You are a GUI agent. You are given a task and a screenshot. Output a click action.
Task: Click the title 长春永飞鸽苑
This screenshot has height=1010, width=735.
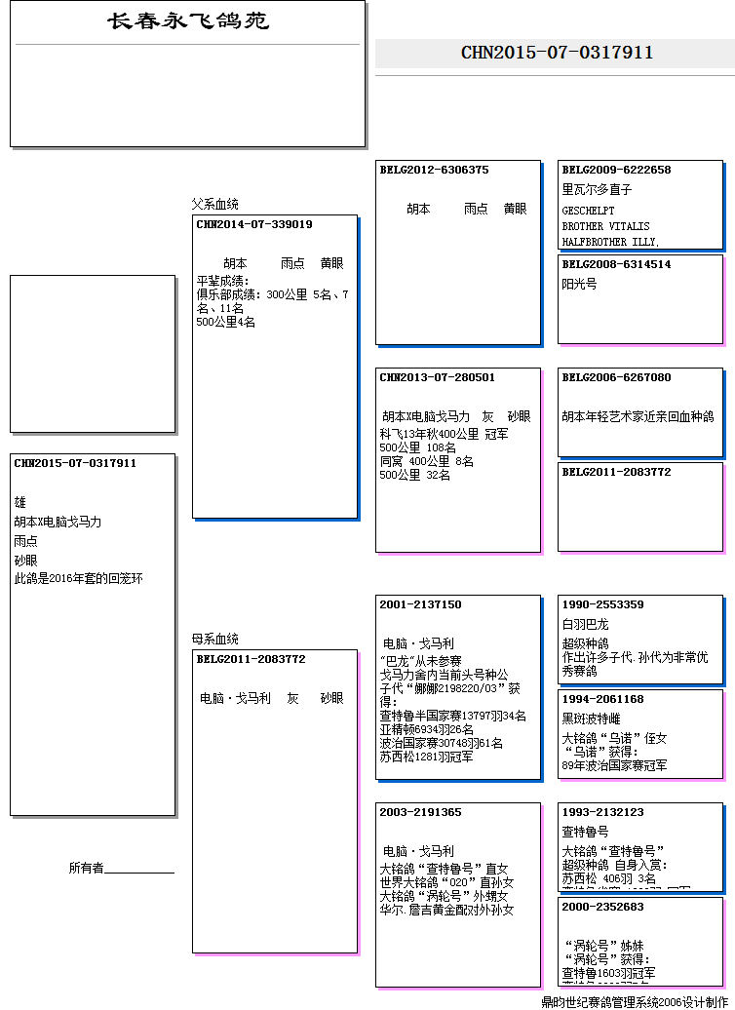(x=188, y=21)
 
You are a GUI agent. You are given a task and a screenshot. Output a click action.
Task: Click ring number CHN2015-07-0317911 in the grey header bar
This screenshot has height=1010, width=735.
(x=557, y=53)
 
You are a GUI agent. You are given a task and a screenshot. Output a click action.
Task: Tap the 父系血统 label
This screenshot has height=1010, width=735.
(x=214, y=205)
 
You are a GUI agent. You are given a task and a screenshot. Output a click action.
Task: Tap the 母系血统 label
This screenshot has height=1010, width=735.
(x=214, y=640)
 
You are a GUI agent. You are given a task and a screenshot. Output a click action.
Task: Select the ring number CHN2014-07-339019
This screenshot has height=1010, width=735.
(x=254, y=224)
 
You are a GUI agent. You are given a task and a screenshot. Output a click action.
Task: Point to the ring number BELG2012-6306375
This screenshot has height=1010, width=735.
(x=434, y=170)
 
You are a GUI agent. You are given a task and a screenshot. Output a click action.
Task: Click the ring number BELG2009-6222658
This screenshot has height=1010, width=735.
(x=616, y=170)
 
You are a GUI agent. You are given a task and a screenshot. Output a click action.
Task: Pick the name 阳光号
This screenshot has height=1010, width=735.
(x=579, y=284)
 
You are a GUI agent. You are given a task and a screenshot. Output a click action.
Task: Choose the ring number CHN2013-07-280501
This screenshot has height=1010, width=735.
(x=437, y=377)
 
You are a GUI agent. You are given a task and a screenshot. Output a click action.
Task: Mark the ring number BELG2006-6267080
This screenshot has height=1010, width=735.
(x=616, y=377)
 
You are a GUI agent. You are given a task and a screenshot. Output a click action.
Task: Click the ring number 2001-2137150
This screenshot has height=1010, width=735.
(x=420, y=604)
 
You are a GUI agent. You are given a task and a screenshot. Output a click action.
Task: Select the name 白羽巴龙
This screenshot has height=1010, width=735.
(x=585, y=624)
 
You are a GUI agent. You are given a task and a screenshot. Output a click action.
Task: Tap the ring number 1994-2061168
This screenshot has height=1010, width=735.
(x=602, y=699)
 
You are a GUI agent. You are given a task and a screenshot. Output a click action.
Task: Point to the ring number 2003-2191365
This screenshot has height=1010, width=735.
(x=420, y=812)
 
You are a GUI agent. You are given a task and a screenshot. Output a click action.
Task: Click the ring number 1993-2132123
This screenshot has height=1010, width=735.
(x=602, y=812)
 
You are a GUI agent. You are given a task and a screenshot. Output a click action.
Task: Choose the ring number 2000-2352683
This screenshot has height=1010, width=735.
(x=602, y=907)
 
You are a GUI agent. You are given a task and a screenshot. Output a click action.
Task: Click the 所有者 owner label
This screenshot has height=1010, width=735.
(x=86, y=868)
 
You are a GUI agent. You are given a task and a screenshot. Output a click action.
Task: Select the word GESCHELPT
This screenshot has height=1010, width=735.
(x=588, y=210)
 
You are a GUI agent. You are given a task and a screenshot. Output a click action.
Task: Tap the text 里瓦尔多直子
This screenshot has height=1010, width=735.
(x=597, y=189)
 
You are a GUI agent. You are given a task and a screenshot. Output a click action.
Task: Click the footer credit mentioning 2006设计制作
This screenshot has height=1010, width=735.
(x=634, y=1001)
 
